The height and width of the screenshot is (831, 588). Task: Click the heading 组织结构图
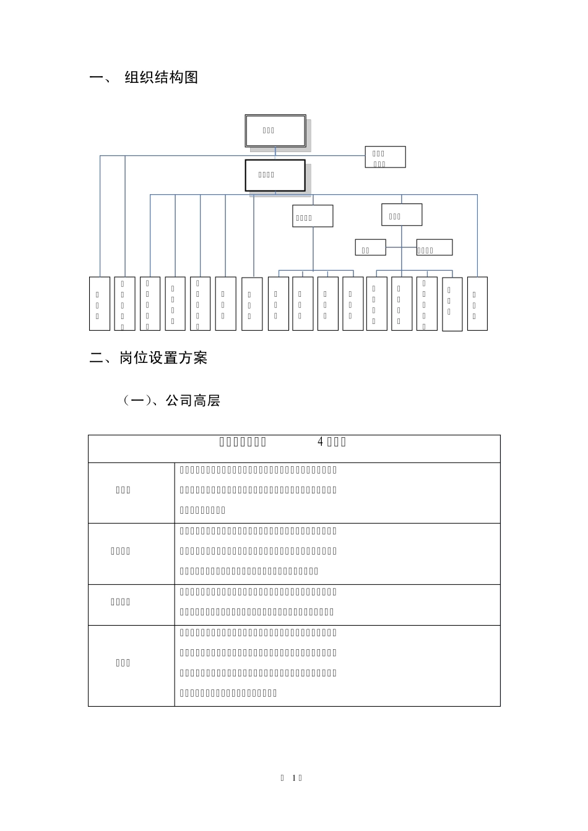pyautogui.click(x=161, y=78)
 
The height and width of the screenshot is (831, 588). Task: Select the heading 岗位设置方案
pyautogui.click(x=163, y=358)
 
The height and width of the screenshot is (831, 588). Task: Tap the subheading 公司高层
pyautogui.click(x=192, y=401)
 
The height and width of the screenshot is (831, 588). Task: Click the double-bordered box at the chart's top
pyautogui.click(x=275, y=130)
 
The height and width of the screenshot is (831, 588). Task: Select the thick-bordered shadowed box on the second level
pyautogui.click(x=275, y=175)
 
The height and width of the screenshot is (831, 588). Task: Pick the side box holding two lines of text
pyautogui.click(x=385, y=157)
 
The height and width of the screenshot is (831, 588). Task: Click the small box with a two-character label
pyautogui.click(x=370, y=247)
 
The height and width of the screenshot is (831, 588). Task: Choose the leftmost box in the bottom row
pyautogui.click(x=100, y=304)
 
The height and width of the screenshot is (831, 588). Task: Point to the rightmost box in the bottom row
pyautogui.click(x=477, y=304)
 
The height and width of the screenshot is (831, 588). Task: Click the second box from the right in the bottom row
pyautogui.click(x=452, y=304)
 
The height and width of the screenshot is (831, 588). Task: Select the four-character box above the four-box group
pyautogui.click(x=313, y=216)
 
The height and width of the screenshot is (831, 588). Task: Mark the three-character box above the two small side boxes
pyautogui.click(x=402, y=215)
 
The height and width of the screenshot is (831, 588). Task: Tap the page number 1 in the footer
pyautogui.click(x=293, y=778)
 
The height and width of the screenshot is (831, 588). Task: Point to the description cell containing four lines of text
pyautogui.click(x=337, y=663)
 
